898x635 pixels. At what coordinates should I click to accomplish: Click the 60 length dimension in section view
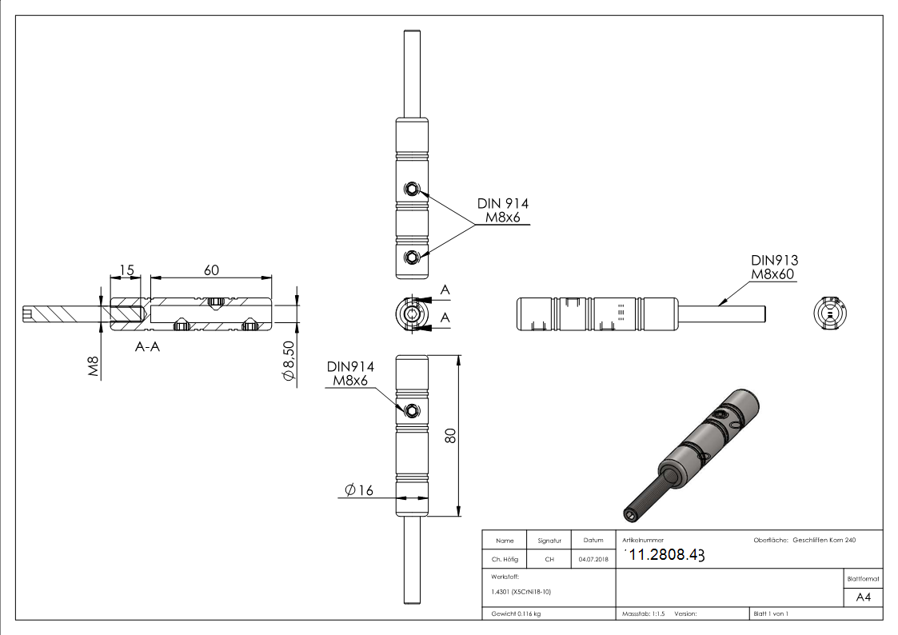pyautogui.click(x=211, y=270)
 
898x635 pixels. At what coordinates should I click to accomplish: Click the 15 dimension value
pyautogui.click(x=126, y=270)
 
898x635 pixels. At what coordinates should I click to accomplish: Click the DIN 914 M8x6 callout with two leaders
pyautogui.click(x=502, y=211)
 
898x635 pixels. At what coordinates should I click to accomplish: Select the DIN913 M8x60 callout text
pyautogui.click(x=774, y=267)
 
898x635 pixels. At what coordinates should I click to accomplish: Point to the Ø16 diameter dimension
pyautogui.click(x=359, y=490)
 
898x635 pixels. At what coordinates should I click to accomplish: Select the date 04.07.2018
pyautogui.click(x=593, y=560)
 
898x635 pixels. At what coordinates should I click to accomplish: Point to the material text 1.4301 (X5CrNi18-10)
pyautogui.click(x=519, y=592)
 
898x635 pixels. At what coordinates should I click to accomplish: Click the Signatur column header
pyautogui.click(x=549, y=541)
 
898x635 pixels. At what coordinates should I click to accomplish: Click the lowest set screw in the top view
pyautogui.click(x=411, y=256)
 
